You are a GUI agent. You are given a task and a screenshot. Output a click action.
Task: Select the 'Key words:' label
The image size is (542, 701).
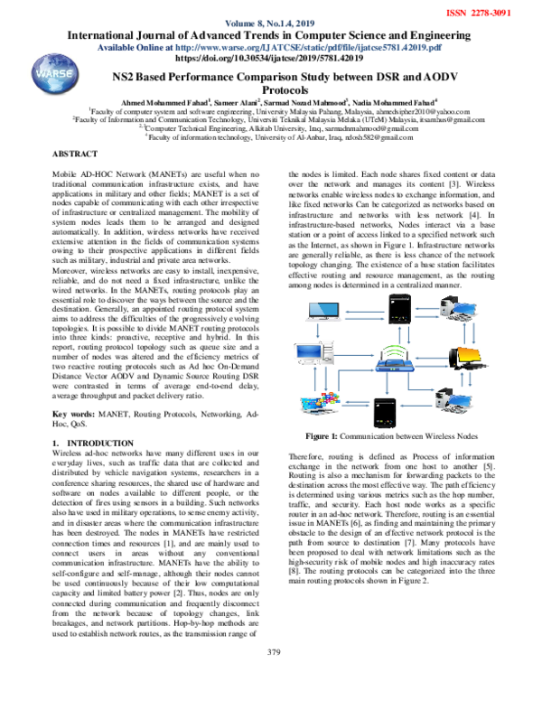(69, 412)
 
